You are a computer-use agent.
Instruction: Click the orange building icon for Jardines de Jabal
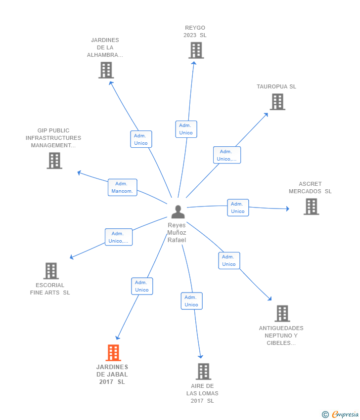click(113, 353)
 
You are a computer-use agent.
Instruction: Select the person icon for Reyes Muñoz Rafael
click(178, 211)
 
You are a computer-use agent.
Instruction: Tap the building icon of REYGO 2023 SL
click(196, 50)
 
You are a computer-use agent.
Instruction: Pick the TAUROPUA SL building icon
click(277, 102)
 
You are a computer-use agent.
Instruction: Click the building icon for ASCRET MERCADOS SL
click(311, 207)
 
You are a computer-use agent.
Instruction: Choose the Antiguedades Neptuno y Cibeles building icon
click(282, 313)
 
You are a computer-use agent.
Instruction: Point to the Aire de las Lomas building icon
click(203, 372)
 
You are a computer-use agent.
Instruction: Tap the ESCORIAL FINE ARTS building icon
click(51, 271)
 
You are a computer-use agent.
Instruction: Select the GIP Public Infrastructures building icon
click(54, 161)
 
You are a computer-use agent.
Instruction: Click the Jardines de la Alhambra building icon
click(106, 70)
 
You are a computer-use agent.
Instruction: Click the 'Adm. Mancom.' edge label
click(122, 187)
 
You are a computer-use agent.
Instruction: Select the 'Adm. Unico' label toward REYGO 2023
click(186, 129)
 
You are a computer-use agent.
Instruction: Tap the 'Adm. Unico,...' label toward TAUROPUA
click(227, 155)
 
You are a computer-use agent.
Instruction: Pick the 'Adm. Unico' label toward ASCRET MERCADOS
click(238, 208)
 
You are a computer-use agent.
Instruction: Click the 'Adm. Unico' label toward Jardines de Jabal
click(142, 286)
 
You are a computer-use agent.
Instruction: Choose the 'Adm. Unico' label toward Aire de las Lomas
click(191, 301)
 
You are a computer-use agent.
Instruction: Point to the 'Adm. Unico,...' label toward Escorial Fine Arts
click(119, 237)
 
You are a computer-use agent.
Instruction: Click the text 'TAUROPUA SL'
click(276, 86)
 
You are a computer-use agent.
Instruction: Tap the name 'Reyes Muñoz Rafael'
click(177, 233)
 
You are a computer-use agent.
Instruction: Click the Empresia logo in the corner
click(340, 415)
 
